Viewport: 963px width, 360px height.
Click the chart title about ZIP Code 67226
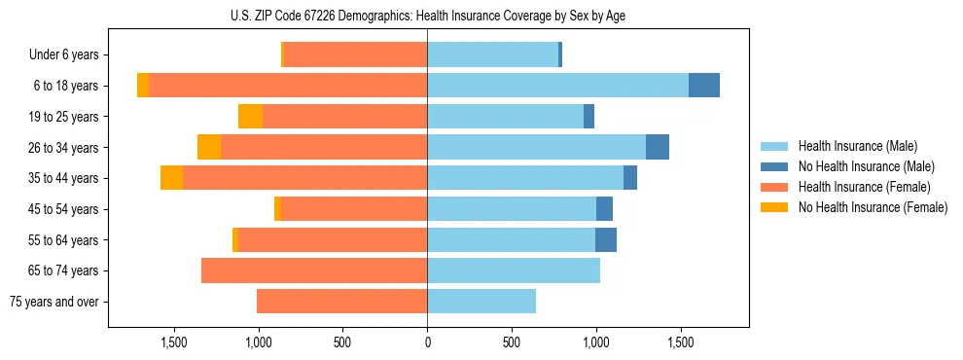(428, 15)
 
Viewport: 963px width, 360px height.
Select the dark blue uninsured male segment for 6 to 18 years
(704, 86)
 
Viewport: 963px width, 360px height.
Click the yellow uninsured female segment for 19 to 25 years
(250, 117)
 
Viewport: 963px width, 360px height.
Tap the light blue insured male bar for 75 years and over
(481, 302)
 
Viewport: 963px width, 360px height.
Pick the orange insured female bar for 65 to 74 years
(314, 270)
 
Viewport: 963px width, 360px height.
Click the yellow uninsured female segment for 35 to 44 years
(171, 178)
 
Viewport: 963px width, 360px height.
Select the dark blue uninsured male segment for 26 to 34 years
(658, 147)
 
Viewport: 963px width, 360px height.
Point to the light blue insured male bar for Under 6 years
(492, 54)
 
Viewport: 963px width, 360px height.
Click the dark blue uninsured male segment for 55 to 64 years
(606, 239)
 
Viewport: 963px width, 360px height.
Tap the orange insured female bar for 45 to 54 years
(354, 209)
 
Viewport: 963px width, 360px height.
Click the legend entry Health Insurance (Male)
(857, 146)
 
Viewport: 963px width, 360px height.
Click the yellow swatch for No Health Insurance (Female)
(774, 207)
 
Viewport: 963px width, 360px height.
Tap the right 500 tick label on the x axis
(512, 343)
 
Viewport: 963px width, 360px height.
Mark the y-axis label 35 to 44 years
(66, 178)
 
